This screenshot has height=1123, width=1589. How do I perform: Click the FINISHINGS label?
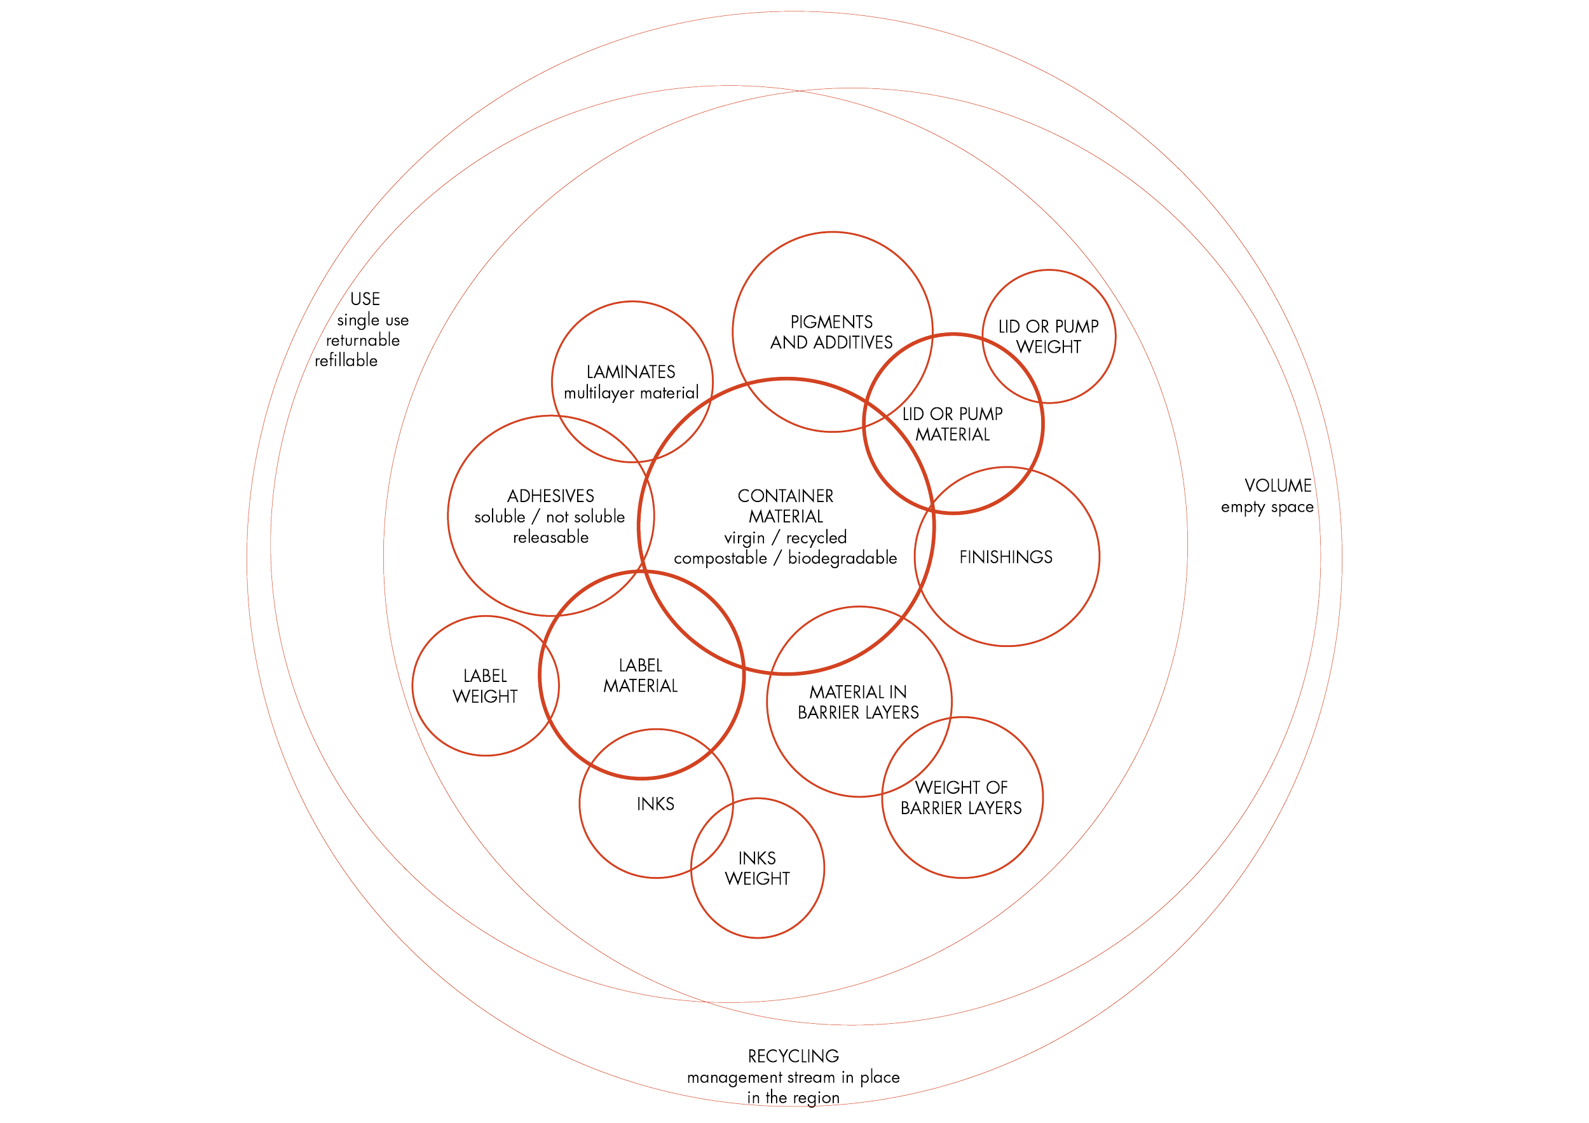pyautogui.click(x=1006, y=557)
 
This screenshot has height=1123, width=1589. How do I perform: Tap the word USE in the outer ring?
pyautogui.click(x=365, y=299)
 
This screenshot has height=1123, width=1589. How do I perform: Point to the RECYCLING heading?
pyautogui.click(x=793, y=1056)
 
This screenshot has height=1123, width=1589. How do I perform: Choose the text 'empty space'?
pyautogui.click(x=1267, y=507)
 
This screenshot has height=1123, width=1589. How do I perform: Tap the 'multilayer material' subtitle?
pyautogui.click(x=632, y=393)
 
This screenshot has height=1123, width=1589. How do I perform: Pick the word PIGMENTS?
pyautogui.click(x=831, y=322)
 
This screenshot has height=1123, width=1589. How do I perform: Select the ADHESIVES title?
pyautogui.click(x=550, y=496)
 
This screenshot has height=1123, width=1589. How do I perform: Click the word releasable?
pyautogui.click(x=551, y=538)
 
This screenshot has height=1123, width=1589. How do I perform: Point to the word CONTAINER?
pyautogui.click(x=785, y=496)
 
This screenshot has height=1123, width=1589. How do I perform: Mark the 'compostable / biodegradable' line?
pyautogui.click(x=786, y=559)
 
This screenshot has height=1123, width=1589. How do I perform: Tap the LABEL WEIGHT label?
pyautogui.click(x=485, y=686)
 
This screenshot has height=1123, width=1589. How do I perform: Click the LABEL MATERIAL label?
pyautogui.click(x=640, y=676)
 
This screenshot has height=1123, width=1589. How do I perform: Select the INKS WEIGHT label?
pyautogui.click(x=756, y=868)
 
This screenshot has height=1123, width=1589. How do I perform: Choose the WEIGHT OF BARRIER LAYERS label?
pyautogui.click(x=960, y=797)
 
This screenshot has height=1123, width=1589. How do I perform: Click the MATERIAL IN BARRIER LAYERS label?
pyautogui.click(x=858, y=702)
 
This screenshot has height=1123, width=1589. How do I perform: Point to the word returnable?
pyautogui.click(x=363, y=341)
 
